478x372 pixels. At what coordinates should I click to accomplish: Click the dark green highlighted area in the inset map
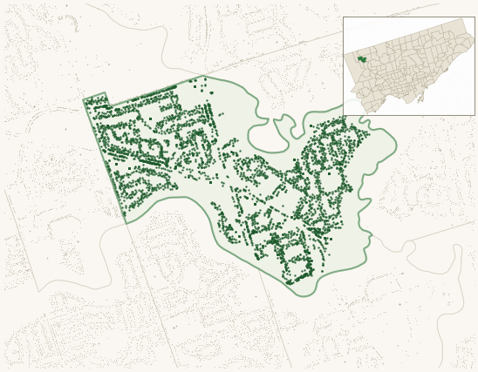tap(362, 59)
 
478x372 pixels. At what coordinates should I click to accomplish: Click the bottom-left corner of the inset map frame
tap(343, 115)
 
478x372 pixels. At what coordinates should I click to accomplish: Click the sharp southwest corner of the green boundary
tap(126, 223)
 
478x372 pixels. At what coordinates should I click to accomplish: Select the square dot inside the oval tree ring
tap(330, 173)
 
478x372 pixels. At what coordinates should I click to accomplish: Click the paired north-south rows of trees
tap(208, 122)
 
